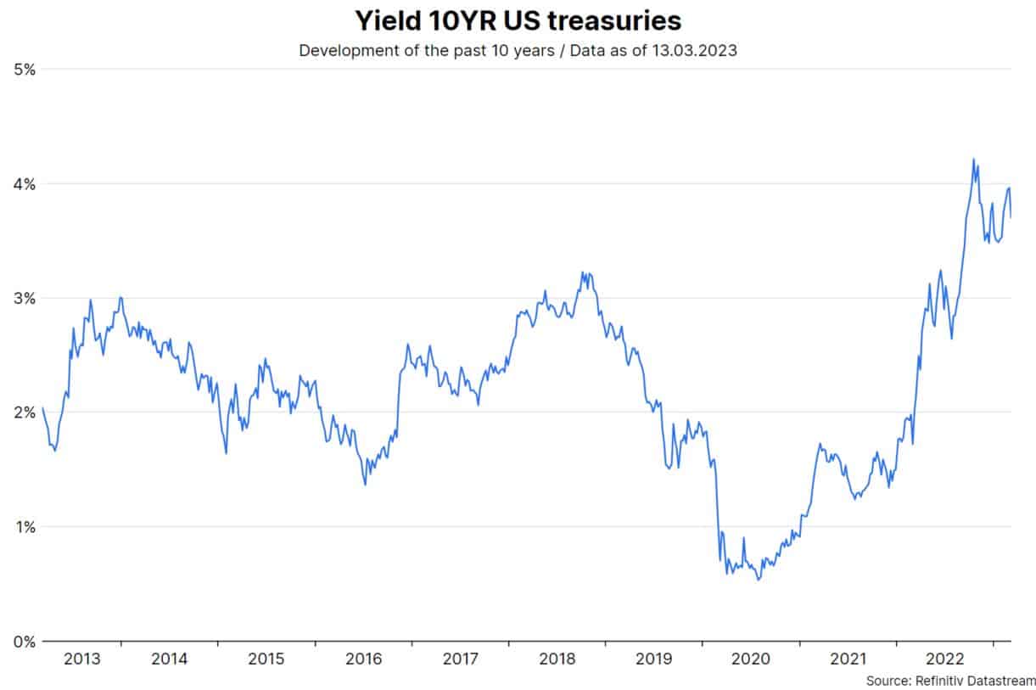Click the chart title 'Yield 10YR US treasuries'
coord(518,20)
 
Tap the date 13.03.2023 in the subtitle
coord(695,50)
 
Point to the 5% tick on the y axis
coord(24,70)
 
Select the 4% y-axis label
coord(24,184)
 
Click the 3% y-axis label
coord(24,299)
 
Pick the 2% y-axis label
coord(24,412)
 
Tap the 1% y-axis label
coord(24,527)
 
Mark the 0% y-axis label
coord(24,642)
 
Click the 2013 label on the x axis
coord(81,659)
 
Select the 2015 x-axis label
coord(266,659)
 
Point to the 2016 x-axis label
coord(364,659)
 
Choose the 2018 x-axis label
coord(557,659)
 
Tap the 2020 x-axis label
coord(751,659)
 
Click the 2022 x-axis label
coord(944,659)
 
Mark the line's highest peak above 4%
coord(973,159)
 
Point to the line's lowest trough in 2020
coord(759,580)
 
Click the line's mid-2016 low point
coord(366,485)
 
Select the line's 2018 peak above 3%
coord(582,272)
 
